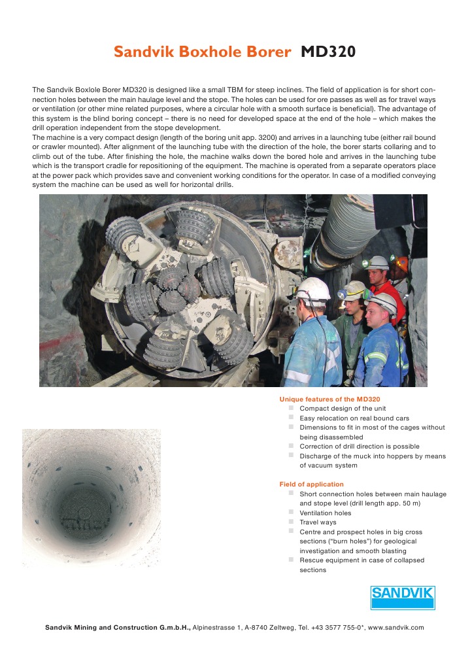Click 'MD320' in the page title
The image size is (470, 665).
click(328, 52)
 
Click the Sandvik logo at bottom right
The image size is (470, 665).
click(403, 597)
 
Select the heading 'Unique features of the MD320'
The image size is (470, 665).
click(329, 399)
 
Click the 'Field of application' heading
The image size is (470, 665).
click(311, 484)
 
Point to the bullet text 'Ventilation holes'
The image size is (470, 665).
click(325, 513)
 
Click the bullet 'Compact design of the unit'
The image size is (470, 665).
click(343, 408)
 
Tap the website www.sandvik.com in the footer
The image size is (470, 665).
click(396, 627)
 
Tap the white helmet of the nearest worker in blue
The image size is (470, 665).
click(313, 288)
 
